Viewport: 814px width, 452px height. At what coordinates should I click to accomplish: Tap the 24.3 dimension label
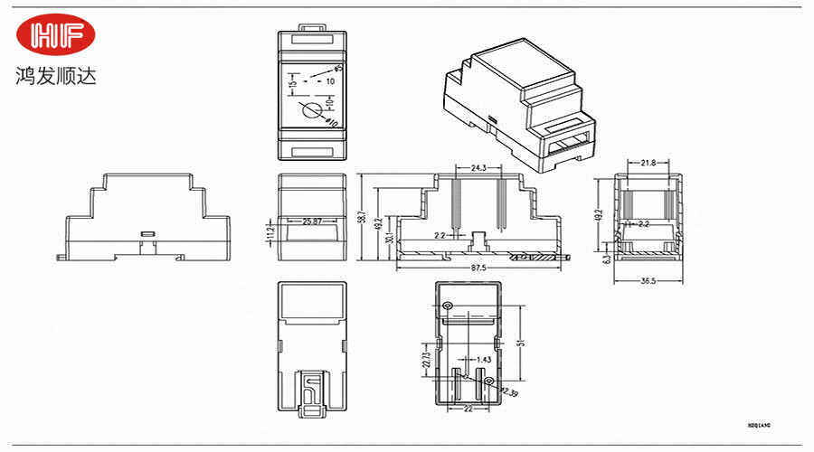[479, 168]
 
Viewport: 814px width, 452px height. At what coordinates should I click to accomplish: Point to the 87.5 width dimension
[478, 268]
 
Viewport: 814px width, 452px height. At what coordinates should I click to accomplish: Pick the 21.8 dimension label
[648, 163]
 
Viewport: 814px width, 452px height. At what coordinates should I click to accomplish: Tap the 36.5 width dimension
[648, 281]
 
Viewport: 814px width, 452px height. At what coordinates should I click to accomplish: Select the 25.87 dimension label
[313, 221]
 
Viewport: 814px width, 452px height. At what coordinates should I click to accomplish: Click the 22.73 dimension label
[427, 360]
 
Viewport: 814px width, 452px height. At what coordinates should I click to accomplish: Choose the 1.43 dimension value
[485, 360]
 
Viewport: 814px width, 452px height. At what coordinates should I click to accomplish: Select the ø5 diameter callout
[338, 68]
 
